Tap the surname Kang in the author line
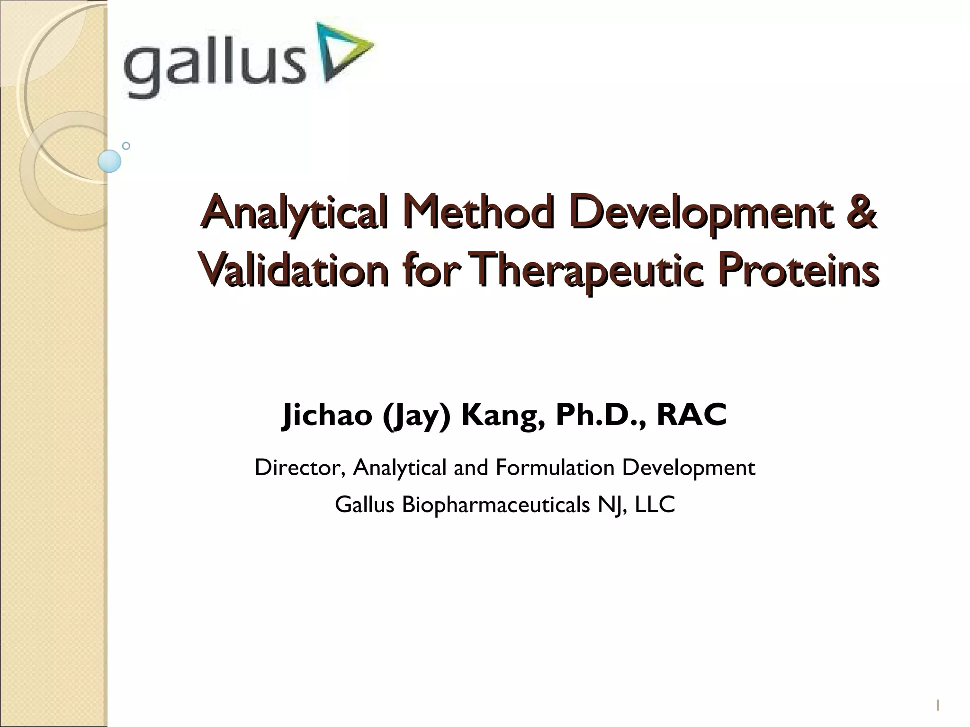point(502,416)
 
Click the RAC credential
point(691,415)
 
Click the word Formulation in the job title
point(555,468)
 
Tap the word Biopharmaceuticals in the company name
point(495,505)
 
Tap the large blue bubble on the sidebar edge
point(109,161)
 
